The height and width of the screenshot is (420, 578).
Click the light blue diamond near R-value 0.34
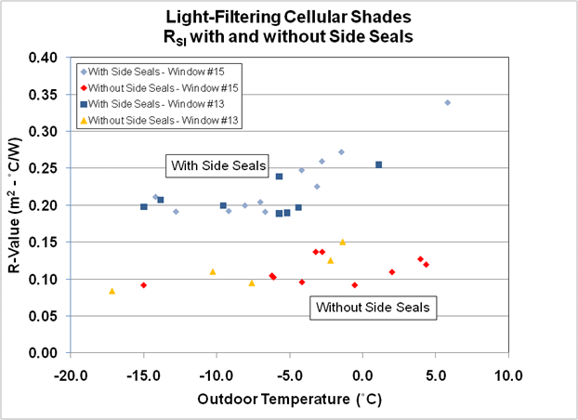point(447,102)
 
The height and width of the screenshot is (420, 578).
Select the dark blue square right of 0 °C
point(378,164)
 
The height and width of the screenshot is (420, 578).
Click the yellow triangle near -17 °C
point(112,291)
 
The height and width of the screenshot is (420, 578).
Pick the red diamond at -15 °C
point(144,285)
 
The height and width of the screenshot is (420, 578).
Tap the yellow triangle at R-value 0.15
point(342,242)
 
